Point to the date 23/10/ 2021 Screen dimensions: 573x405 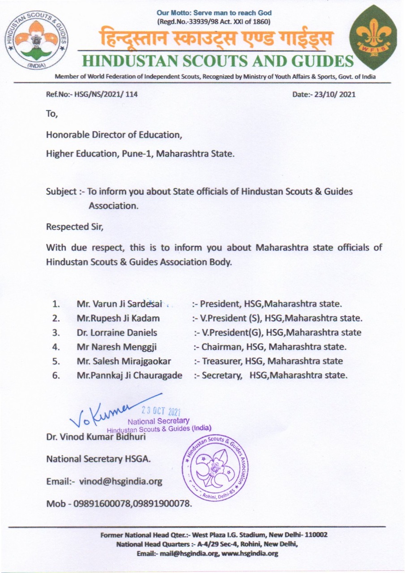click(x=334, y=94)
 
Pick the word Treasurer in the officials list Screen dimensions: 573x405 click(x=220, y=361)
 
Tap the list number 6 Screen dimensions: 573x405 click(x=56, y=375)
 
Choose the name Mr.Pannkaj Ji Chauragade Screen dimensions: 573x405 click(x=129, y=375)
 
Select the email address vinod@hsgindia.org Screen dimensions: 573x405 click(x=120, y=482)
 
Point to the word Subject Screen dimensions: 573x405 click(x=61, y=192)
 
